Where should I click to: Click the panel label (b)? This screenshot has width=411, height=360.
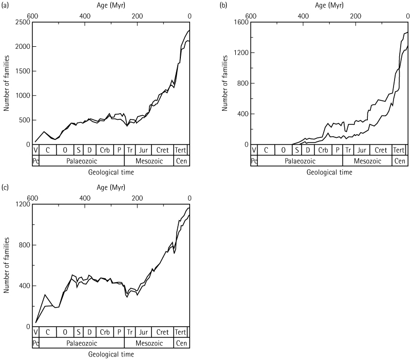pos(224,6)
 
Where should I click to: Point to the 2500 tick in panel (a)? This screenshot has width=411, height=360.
pos(21,23)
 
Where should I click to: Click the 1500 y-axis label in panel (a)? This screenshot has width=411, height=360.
pos(21,71)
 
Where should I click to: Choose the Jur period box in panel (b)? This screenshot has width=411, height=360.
pos(362,150)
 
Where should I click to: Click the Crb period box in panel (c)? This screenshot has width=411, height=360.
pos(104,332)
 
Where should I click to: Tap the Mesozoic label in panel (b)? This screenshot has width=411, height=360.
pos(367,160)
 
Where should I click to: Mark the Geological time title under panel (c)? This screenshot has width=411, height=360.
pos(111,354)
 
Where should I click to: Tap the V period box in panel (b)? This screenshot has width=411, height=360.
pos(253,150)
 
